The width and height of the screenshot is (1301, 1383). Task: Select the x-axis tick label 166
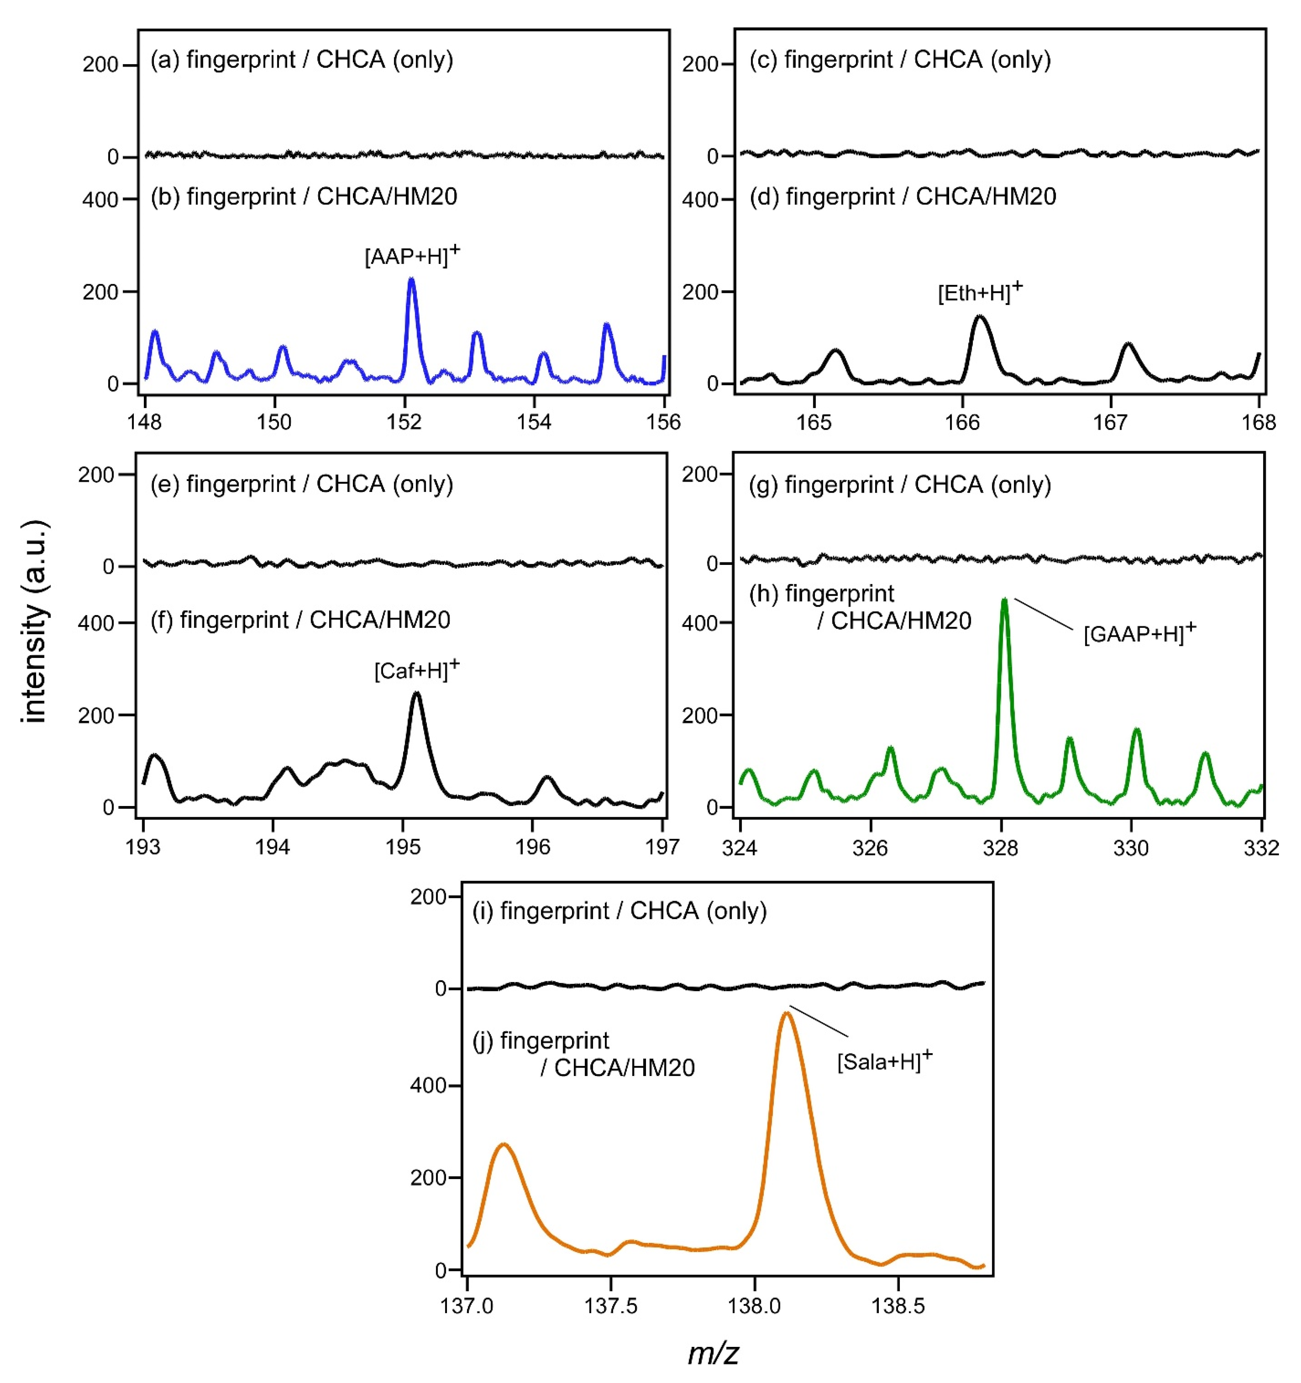pyautogui.click(x=962, y=422)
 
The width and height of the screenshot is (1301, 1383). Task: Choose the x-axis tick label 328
pyautogui.click(x=1001, y=847)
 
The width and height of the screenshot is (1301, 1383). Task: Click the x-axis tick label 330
pyautogui.click(x=1130, y=847)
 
